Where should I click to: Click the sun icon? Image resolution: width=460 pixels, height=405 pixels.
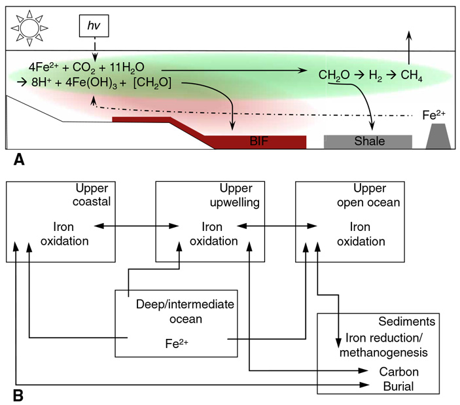(x=28, y=27)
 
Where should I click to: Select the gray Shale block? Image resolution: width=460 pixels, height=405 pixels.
(x=367, y=141)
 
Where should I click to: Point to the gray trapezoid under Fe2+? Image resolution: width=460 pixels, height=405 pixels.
(x=438, y=138)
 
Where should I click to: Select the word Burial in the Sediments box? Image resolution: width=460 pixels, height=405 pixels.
(x=398, y=387)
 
